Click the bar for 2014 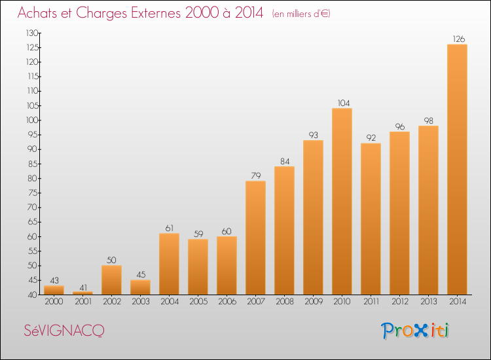[x=457, y=170]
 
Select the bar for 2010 [x=342, y=202]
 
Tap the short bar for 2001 [x=82, y=293]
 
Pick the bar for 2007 [x=255, y=238]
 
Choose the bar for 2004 [x=169, y=264]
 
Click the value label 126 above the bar [x=459, y=39]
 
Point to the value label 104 [x=344, y=103]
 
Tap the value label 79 [x=256, y=175]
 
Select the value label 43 [x=54, y=281]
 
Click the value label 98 [x=429, y=121]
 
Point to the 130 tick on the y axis [x=32, y=33]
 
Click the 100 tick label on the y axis [x=32, y=120]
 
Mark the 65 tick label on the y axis [x=33, y=222]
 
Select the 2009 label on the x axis [x=314, y=302]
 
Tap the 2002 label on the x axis [x=112, y=302]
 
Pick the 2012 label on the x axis [x=400, y=302]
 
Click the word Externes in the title [x=156, y=13]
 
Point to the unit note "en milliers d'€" [x=301, y=14]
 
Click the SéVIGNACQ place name [x=64, y=331]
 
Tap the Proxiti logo [x=415, y=331]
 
